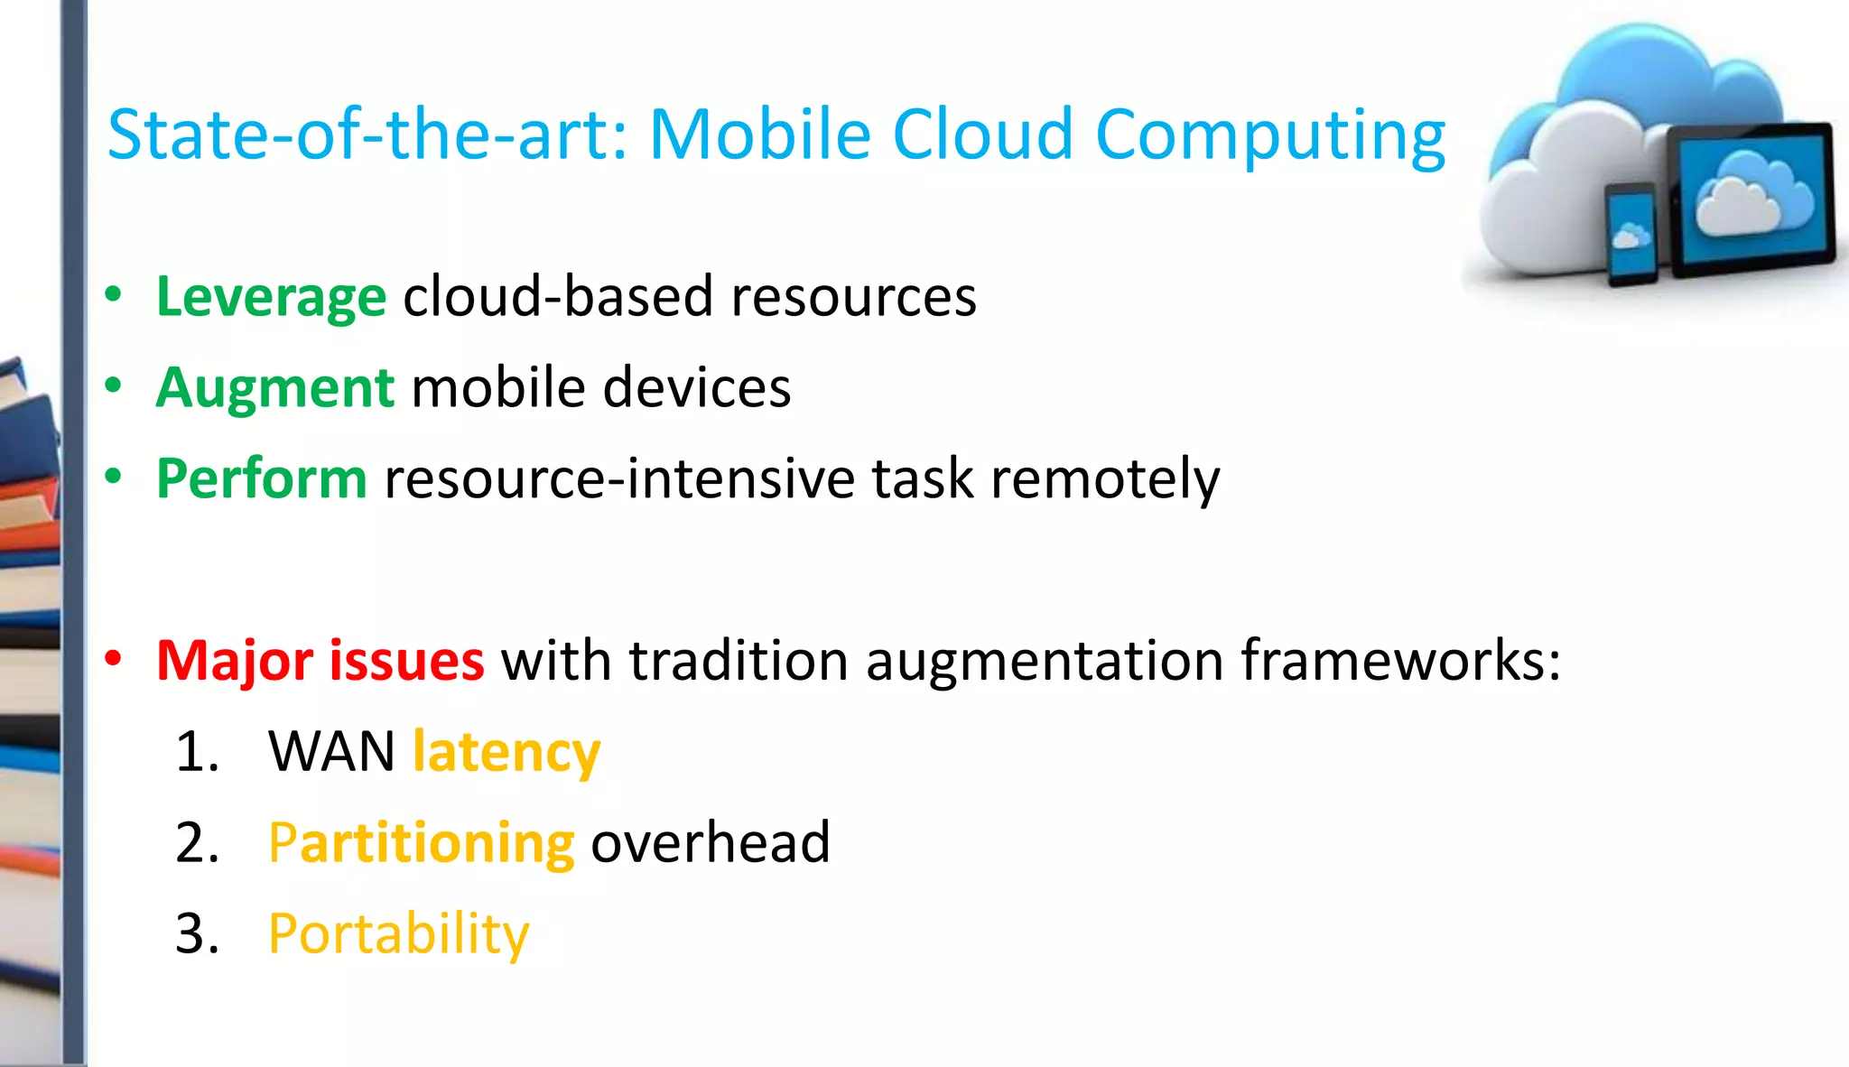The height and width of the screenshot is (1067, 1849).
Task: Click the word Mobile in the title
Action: click(760, 135)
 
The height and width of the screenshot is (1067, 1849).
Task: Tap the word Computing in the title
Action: click(1269, 137)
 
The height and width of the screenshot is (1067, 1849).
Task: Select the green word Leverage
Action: click(271, 297)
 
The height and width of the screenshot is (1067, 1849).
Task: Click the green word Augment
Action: click(274, 388)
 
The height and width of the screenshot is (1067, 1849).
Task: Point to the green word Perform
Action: click(261, 478)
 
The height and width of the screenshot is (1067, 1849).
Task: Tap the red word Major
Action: click(235, 661)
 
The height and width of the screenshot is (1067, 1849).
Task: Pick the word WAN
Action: click(331, 752)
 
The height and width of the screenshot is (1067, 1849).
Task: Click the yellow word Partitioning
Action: click(421, 843)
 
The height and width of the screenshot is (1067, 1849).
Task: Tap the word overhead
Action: click(710, 843)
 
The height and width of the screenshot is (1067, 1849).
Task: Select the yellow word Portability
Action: click(398, 934)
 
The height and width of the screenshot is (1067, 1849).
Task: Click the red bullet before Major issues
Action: click(113, 659)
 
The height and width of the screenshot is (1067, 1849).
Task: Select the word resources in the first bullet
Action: click(853, 297)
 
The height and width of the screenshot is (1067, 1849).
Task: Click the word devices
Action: click(696, 388)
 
